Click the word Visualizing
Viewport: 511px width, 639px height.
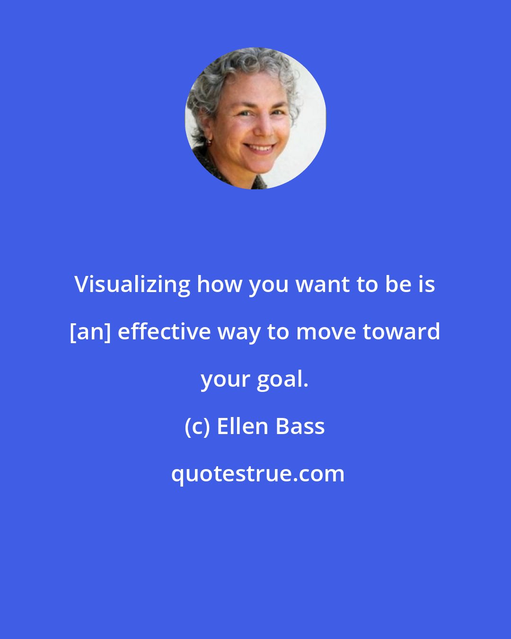click(132, 285)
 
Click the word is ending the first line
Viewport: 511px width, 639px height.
click(428, 285)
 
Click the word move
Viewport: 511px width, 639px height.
click(326, 332)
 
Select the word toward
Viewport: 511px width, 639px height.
click(402, 332)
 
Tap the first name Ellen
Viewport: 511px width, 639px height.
click(243, 426)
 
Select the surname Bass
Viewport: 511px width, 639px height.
click(300, 426)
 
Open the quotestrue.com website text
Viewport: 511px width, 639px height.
click(258, 474)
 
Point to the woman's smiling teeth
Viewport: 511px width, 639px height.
click(260, 148)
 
